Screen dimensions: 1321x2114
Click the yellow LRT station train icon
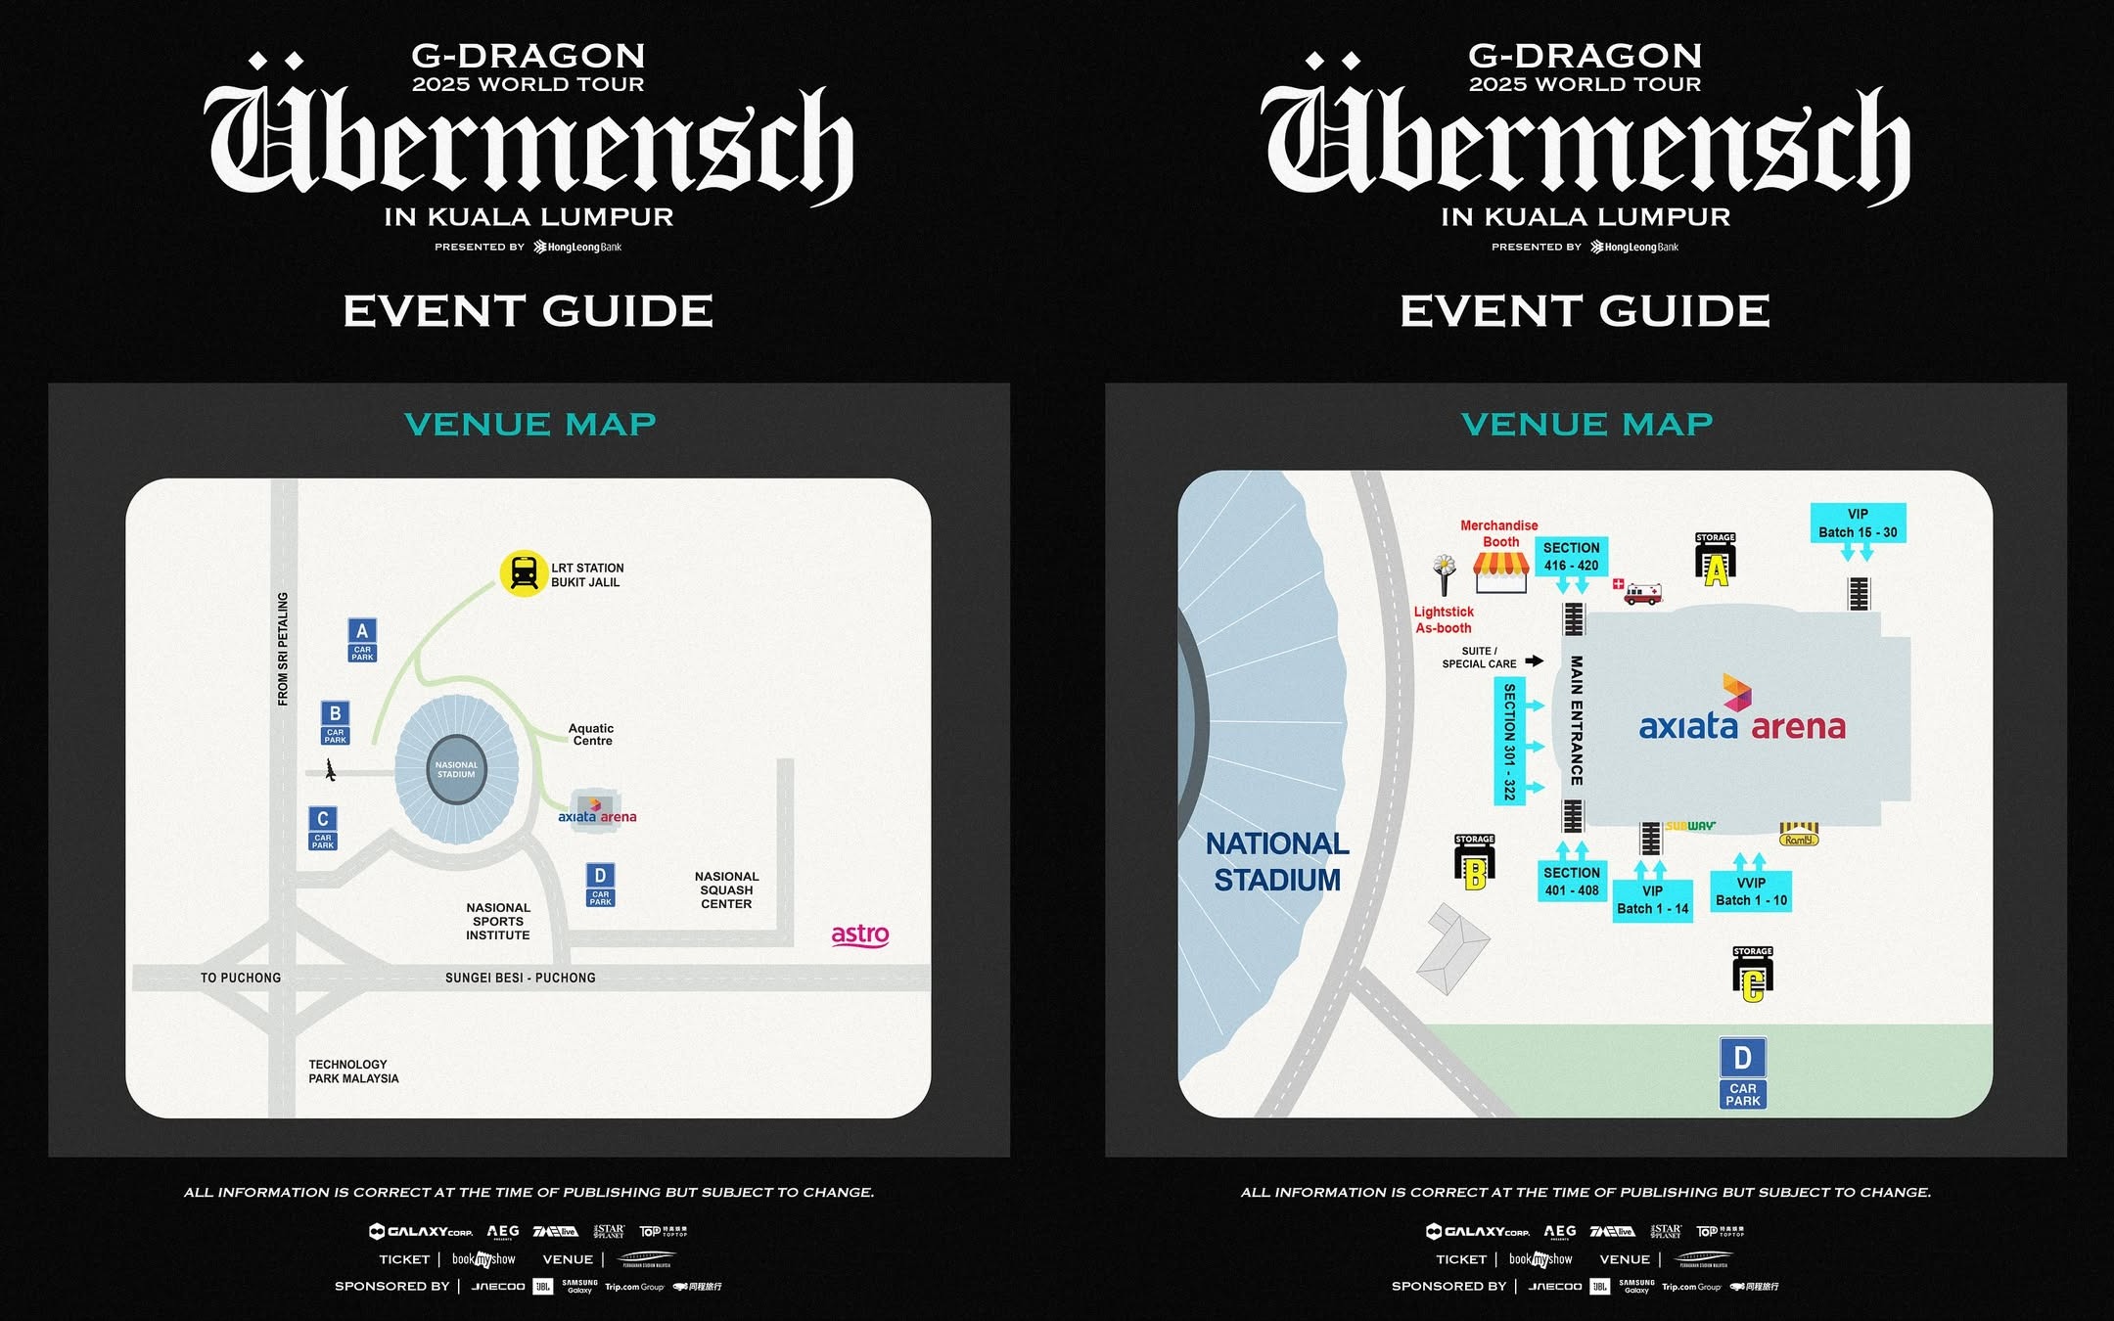coord(524,573)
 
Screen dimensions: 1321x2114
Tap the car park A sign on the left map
coord(362,640)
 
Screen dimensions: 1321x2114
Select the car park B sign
coord(336,722)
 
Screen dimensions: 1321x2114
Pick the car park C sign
coord(323,828)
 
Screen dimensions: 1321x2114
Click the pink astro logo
coord(860,934)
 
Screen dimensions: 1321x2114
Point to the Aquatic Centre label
coord(591,735)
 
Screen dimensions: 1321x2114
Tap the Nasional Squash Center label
coord(726,890)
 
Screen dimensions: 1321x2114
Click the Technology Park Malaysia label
coord(353,1071)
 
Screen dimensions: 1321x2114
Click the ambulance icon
coord(1642,594)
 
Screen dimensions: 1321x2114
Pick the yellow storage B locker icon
coord(1474,866)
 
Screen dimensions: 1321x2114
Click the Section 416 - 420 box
coord(1571,557)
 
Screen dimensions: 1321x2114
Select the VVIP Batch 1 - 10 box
coord(1751,891)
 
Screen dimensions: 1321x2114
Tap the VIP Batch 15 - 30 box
coord(1858,523)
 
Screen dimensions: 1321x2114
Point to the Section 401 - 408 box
coord(1571,882)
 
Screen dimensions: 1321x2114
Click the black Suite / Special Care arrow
coord(1535,661)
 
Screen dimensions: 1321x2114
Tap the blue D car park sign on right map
coord(1743,1073)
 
